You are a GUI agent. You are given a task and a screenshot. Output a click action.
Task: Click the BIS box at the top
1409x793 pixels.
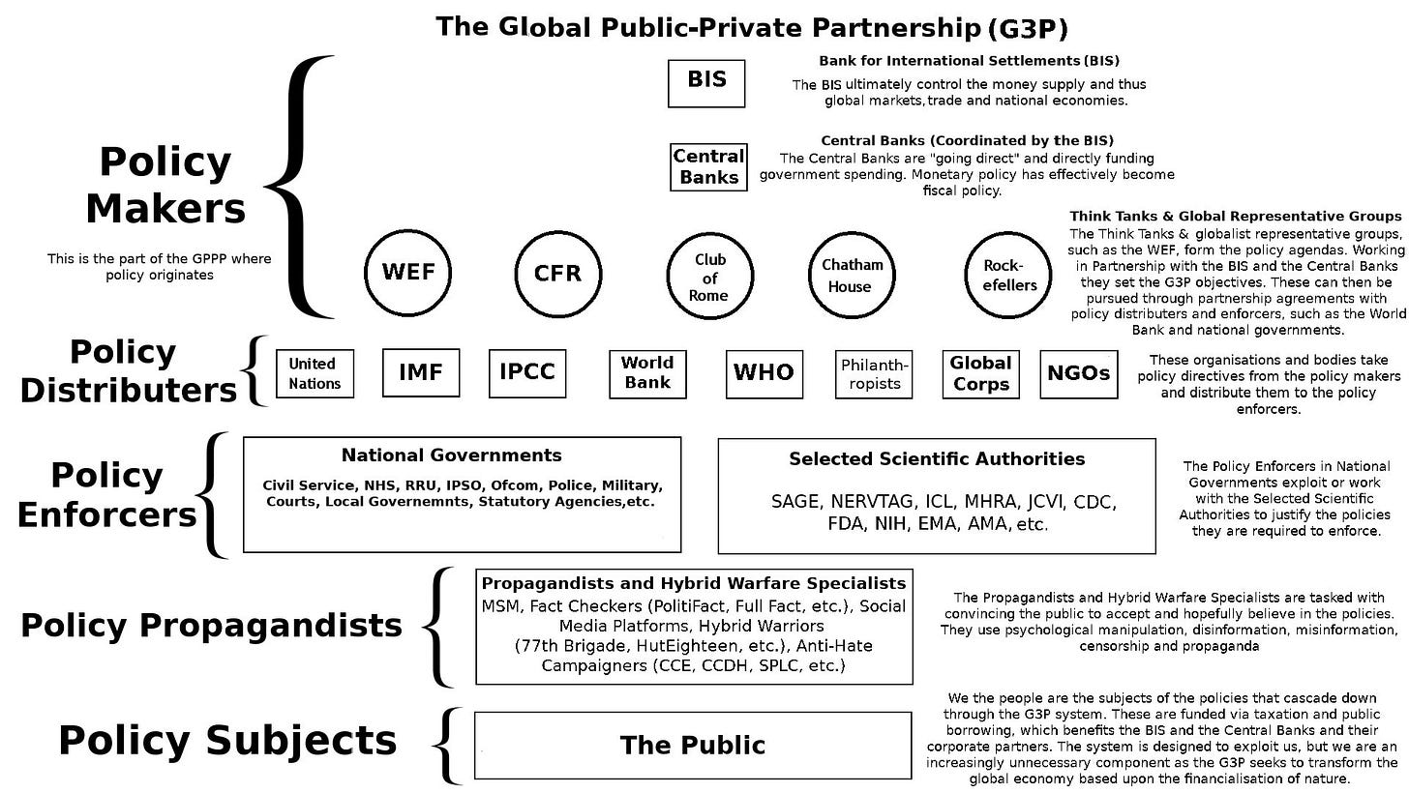(x=706, y=83)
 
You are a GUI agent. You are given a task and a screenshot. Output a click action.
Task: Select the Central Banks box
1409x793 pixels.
(x=709, y=167)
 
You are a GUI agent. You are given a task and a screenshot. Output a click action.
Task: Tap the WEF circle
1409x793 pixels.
(x=407, y=273)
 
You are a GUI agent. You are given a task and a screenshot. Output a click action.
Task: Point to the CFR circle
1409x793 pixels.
(x=558, y=274)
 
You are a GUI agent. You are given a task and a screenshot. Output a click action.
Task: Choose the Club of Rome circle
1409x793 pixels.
(x=709, y=277)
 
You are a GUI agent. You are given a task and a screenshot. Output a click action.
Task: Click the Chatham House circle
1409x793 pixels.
(x=852, y=275)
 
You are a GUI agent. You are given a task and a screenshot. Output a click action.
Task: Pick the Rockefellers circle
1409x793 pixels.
(x=1009, y=275)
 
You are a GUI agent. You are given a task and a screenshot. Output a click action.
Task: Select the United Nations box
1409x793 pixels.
(x=315, y=373)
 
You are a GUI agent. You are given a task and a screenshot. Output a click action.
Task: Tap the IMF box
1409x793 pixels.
(x=420, y=373)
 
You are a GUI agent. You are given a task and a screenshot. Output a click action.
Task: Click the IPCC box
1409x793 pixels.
(x=526, y=373)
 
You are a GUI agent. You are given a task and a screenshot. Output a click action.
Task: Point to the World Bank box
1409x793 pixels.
(x=646, y=373)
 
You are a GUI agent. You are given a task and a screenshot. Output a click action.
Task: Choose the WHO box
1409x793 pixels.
(x=764, y=373)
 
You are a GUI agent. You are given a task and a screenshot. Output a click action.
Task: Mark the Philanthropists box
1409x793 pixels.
(x=874, y=374)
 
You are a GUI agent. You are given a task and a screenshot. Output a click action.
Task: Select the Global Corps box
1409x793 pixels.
(x=980, y=373)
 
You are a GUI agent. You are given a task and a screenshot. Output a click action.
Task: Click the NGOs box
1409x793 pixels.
(x=1078, y=373)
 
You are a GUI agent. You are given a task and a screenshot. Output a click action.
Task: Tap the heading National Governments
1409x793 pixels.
(x=451, y=455)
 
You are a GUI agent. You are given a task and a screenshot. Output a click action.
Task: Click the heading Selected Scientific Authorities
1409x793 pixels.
(x=937, y=459)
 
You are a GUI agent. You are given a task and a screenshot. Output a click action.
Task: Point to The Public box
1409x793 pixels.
(x=693, y=746)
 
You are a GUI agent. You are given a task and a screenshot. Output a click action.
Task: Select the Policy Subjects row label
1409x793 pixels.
(x=227, y=741)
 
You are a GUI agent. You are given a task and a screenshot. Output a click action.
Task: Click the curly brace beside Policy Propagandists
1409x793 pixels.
(x=439, y=627)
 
